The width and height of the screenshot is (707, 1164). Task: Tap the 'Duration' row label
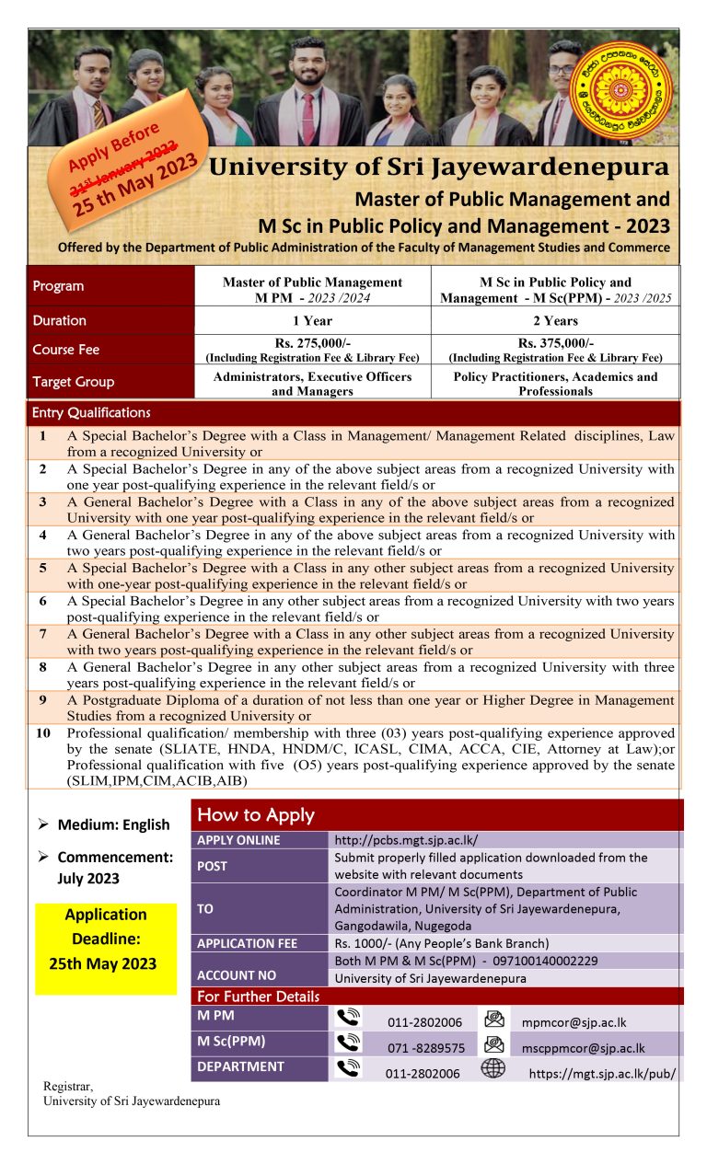pyautogui.click(x=60, y=320)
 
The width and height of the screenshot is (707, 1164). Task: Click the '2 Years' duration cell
pyautogui.click(x=555, y=321)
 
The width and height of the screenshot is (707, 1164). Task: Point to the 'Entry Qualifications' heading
pyautogui.click(x=91, y=412)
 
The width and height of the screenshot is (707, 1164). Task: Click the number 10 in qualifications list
pyautogui.click(x=43, y=733)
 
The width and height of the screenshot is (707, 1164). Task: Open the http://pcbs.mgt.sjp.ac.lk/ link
pyautogui.click(x=406, y=839)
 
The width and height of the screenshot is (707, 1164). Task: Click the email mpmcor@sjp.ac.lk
pyautogui.click(x=574, y=1022)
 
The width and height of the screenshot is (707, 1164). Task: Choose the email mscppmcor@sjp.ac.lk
pyautogui.click(x=583, y=1047)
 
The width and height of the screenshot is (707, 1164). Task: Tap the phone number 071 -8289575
pyautogui.click(x=425, y=1047)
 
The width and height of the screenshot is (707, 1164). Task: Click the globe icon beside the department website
pyautogui.click(x=493, y=1069)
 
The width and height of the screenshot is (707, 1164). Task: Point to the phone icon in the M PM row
pyautogui.click(x=348, y=1019)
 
